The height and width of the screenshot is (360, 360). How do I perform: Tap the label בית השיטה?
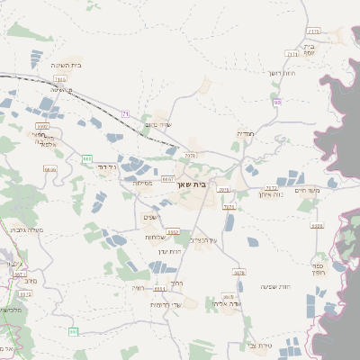pos(67,65)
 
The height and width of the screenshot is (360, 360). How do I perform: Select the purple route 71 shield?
pos(126,112)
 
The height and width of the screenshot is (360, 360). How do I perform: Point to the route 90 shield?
pos(277,102)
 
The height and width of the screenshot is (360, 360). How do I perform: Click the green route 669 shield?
pos(87,158)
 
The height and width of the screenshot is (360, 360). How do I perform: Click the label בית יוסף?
pos(310,49)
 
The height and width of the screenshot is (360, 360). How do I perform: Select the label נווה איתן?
pos(271,193)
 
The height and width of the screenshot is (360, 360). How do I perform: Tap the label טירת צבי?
pos(258,345)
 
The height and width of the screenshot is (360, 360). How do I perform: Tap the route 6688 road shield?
pos(49,169)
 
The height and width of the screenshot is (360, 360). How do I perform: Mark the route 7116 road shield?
pos(59,79)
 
